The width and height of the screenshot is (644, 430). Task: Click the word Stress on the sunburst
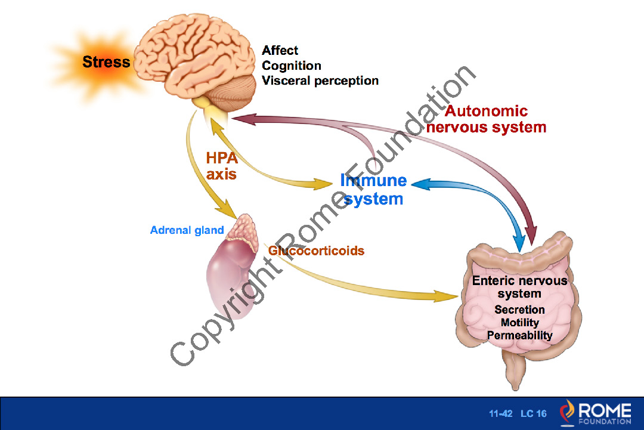tap(106, 62)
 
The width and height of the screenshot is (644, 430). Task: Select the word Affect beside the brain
tap(280, 51)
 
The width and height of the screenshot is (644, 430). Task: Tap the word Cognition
tap(291, 66)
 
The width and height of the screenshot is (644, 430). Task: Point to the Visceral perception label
tap(320, 81)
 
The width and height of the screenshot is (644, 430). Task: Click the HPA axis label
tap(221, 166)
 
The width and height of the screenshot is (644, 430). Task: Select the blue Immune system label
tap(373, 189)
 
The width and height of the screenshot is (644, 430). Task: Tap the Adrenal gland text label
tap(187, 230)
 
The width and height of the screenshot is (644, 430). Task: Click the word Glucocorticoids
tap(316, 250)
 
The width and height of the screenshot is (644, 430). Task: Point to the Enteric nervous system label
tap(519, 286)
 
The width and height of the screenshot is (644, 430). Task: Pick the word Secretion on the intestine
tap(519, 310)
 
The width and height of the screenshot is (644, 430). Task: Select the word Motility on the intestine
tap(519, 323)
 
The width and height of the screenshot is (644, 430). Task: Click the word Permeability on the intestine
tap(519, 336)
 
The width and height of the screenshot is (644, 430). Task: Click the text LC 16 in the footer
tap(533, 414)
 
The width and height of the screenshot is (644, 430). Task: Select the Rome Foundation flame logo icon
tap(568, 412)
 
